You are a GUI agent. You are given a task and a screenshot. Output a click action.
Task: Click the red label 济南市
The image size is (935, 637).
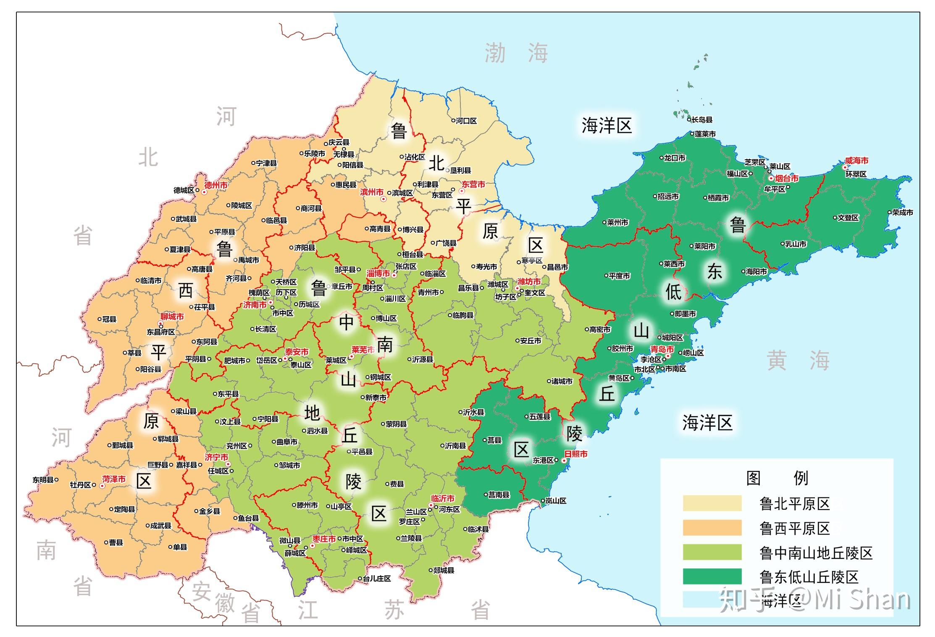tap(255, 305)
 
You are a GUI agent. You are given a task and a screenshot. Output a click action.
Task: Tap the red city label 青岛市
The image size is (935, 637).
tap(662, 349)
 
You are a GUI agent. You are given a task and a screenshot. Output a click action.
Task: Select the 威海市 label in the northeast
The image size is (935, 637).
tap(856, 161)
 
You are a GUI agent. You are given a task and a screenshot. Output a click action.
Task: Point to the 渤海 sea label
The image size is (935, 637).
tap(516, 53)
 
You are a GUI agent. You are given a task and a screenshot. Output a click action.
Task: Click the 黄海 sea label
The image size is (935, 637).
tap(798, 361)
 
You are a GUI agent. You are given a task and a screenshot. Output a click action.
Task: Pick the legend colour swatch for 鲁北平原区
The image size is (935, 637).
tap(712, 503)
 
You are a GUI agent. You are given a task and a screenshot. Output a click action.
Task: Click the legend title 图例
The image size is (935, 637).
tap(777, 478)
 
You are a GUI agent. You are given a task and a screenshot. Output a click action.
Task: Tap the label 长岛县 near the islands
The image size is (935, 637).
tap(702, 120)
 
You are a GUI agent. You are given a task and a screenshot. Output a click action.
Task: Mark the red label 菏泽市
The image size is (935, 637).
tap(114, 479)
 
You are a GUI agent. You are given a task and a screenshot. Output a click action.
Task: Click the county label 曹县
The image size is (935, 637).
tap(116, 542)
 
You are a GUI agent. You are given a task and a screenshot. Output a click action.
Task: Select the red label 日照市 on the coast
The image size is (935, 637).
tap(575, 454)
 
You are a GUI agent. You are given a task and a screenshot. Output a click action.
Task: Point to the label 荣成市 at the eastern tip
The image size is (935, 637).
tap(903, 212)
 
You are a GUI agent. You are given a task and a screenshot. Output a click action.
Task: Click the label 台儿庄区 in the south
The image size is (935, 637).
tap(377, 578)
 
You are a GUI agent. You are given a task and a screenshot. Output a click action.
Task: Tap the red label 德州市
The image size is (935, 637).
tap(216, 185)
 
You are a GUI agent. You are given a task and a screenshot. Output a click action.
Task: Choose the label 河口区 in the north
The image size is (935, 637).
tap(466, 121)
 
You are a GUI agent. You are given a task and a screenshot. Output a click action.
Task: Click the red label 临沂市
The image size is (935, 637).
tap(443, 498)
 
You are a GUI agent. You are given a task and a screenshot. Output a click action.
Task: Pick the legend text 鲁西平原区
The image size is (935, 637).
tap(794, 528)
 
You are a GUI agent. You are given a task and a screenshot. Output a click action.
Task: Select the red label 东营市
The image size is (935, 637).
tap(473, 184)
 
